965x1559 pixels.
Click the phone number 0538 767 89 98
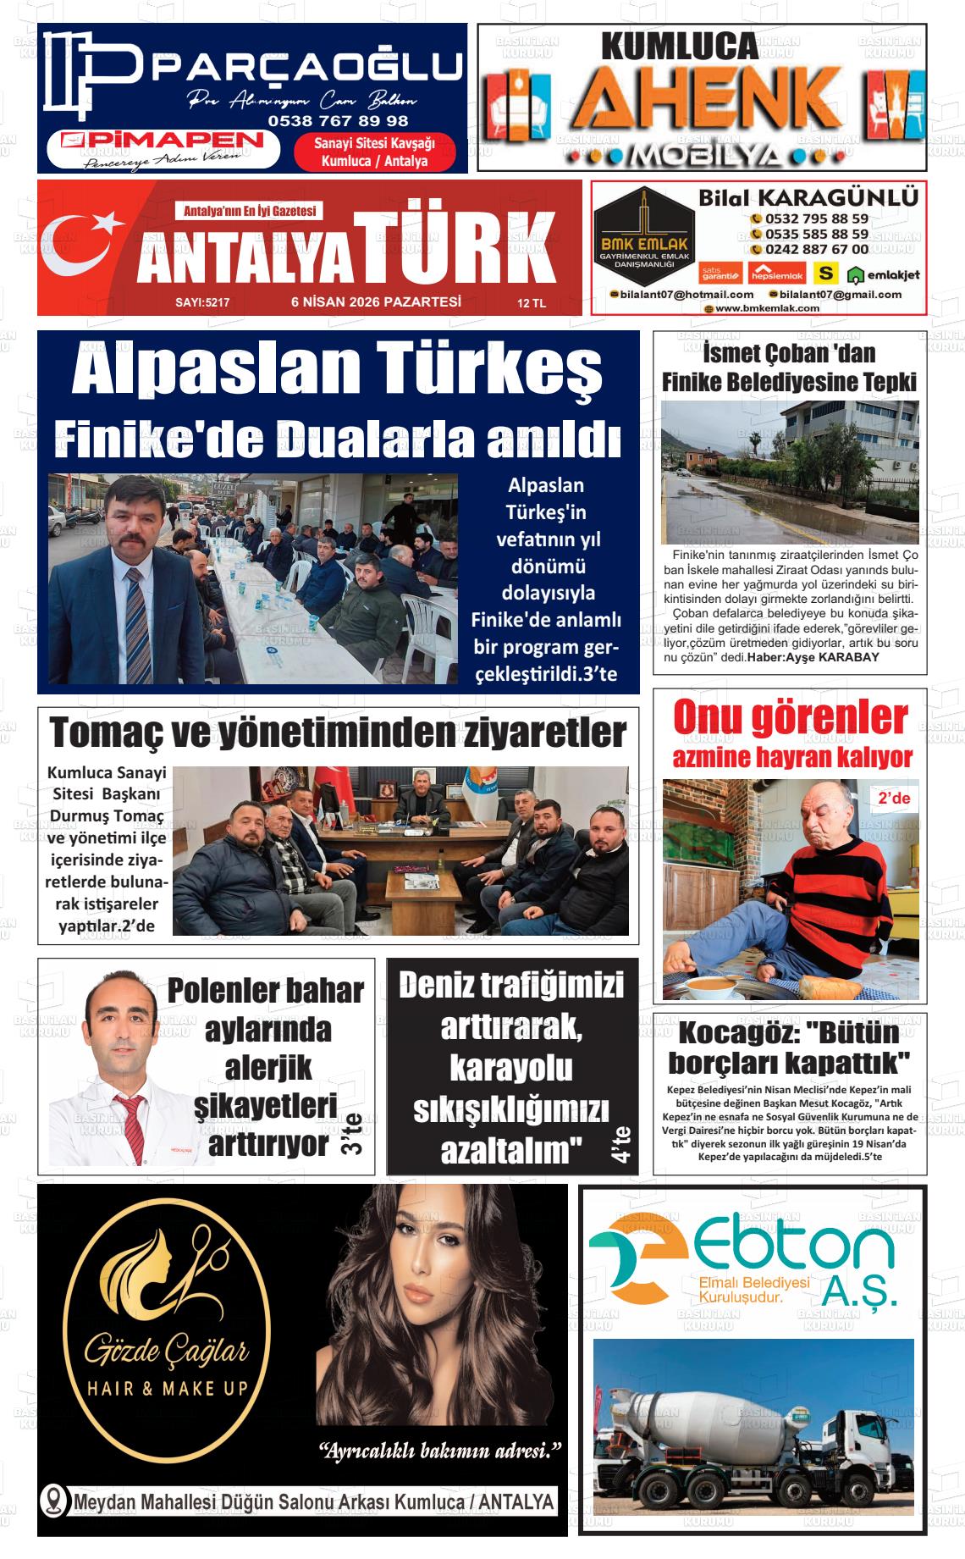(x=338, y=120)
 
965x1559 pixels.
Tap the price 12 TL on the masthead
(x=532, y=303)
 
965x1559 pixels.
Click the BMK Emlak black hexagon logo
(x=643, y=229)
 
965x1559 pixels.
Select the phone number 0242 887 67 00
(x=816, y=250)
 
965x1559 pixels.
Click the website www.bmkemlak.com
(x=767, y=308)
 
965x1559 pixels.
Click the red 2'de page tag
(x=893, y=799)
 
